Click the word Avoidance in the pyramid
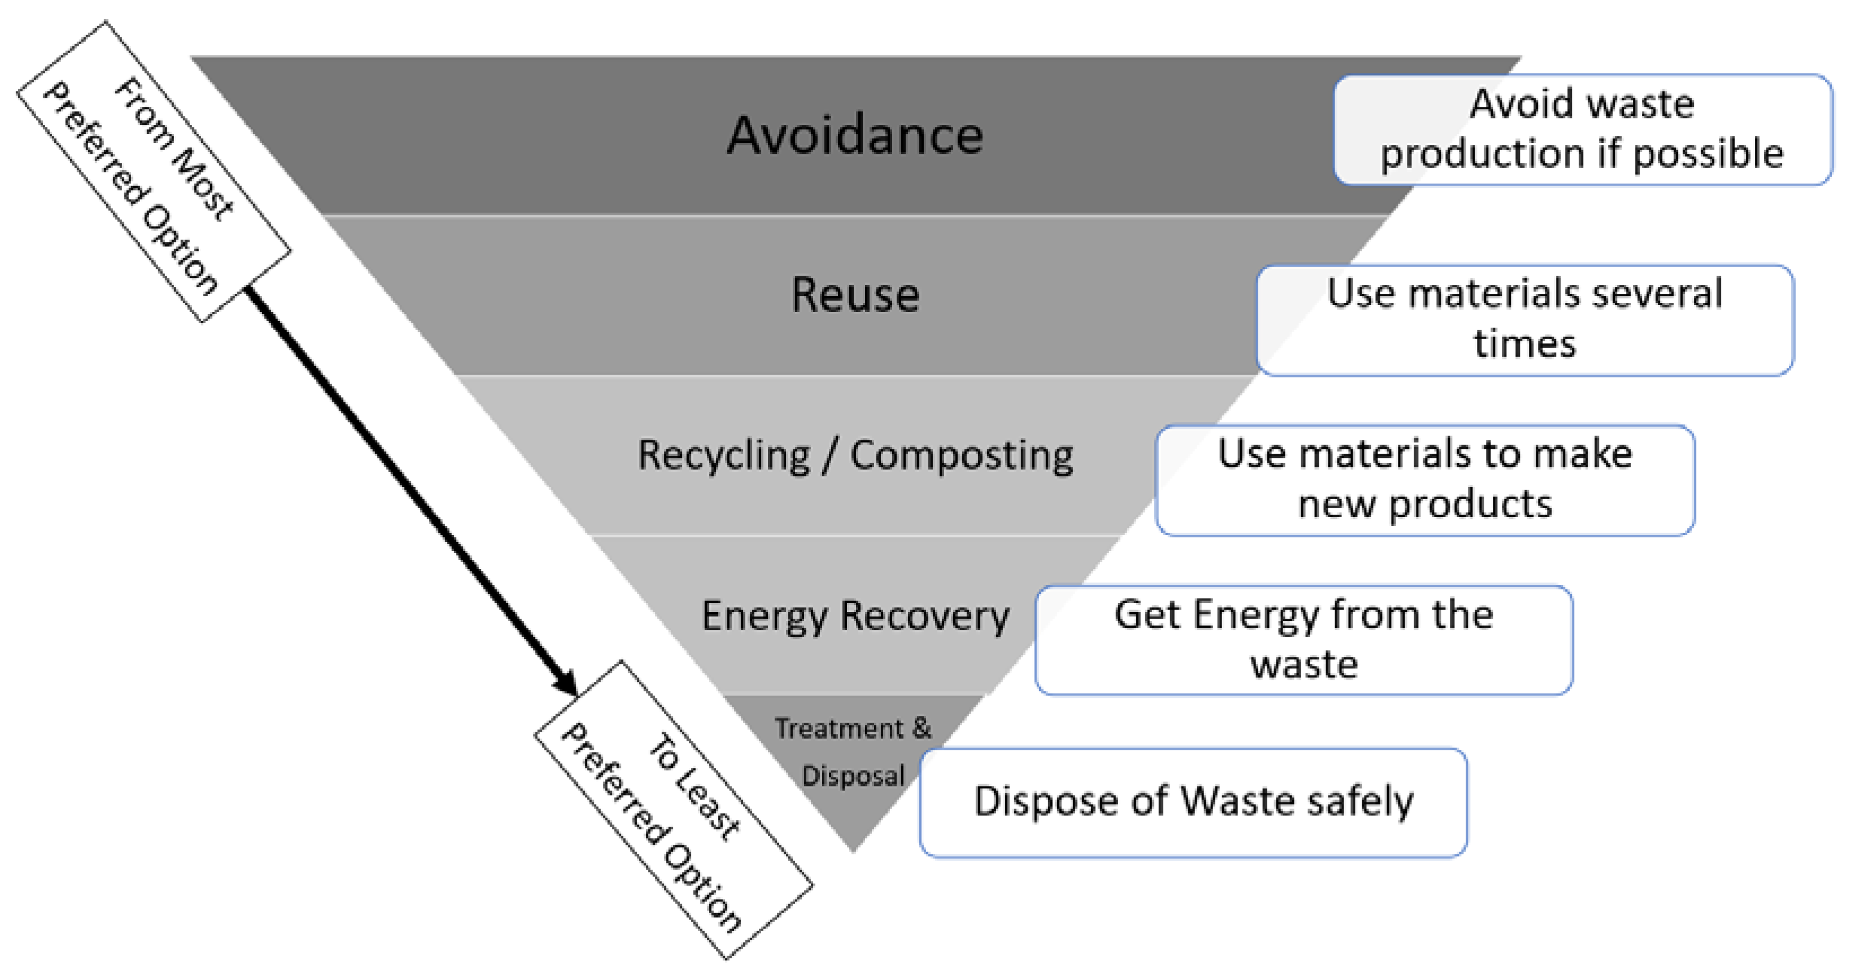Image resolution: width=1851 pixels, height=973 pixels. click(854, 136)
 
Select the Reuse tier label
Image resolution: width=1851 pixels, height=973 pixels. click(854, 294)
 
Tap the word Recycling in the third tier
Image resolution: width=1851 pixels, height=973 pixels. click(724, 455)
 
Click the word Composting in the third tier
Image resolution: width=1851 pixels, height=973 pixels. click(962, 455)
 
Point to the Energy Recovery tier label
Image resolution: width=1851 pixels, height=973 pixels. click(854, 616)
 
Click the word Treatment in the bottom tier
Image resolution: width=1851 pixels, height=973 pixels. click(838, 729)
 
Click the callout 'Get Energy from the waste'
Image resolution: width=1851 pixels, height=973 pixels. click(1303, 640)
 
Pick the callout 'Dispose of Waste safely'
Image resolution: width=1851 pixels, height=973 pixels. click(1193, 802)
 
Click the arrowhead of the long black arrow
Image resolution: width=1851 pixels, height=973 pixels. click(568, 684)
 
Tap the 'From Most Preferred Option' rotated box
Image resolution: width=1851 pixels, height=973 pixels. click(153, 171)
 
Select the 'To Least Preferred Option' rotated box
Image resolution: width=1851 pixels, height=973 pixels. click(674, 810)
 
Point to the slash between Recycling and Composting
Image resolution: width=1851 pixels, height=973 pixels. click(830, 455)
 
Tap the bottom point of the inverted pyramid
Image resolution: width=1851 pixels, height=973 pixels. click(853, 850)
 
